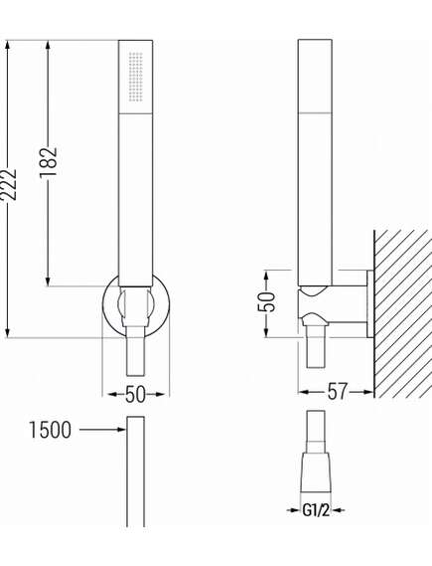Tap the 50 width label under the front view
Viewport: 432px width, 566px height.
tap(136, 394)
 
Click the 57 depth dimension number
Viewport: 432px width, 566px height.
tap(338, 393)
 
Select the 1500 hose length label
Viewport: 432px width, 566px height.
tap(50, 430)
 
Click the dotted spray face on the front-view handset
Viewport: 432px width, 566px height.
tap(136, 76)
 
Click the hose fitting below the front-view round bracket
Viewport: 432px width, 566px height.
tap(136, 353)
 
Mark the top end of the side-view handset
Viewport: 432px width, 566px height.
tap(316, 46)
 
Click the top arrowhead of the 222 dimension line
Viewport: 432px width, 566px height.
tap(8, 45)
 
